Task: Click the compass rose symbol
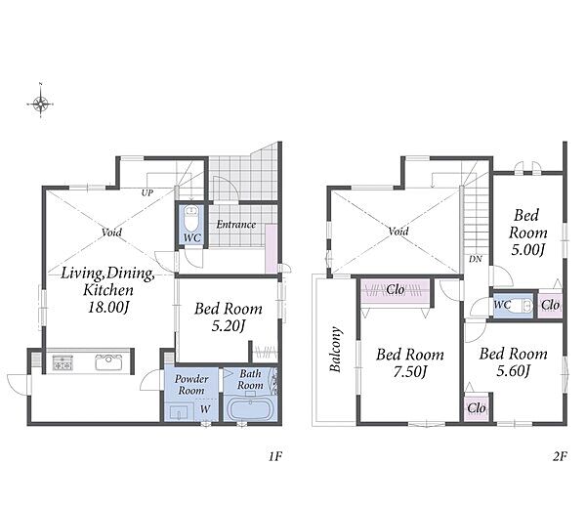(x=40, y=104)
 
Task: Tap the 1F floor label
(x=275, y=456)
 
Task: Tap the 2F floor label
(x=560, y=456)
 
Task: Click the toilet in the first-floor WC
(x=191, y=219)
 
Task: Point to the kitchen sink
(x=108, y=361)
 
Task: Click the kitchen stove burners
(x=63, y=362)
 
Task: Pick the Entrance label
(x=236, y=225)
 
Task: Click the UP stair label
(x=147, y=192)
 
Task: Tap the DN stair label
(x=476, y=259)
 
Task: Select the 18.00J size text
(x=108, y=308)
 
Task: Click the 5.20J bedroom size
(x=229, y=326)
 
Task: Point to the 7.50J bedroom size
(x=410, y=371)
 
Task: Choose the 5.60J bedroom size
(x=514, y=371)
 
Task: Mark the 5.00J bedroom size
(x=527, y=249)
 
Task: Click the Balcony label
(x=336, y=350)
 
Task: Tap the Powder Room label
(x=191, y=384)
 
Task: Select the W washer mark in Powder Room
(x=205, y=409)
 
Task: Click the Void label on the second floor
(x=398, y=232)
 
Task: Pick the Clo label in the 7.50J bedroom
(x=396, y=289)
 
